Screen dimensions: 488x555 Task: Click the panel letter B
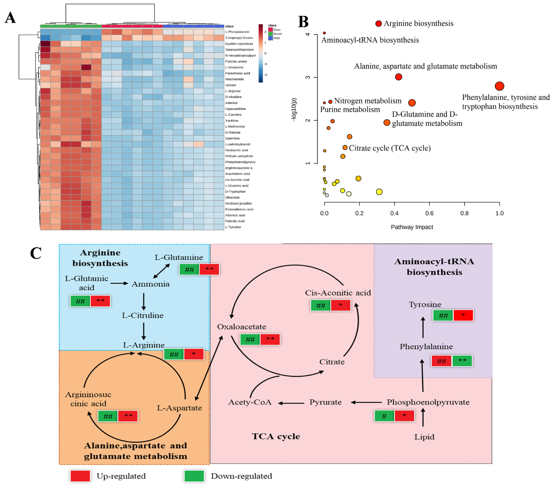pos(303,22)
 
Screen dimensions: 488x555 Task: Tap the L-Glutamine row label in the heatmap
pos(234,67)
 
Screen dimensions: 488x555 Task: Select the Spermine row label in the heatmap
pos(232,138)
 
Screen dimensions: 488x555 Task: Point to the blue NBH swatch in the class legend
pos(270,38)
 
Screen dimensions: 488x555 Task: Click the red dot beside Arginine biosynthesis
pos(378,24)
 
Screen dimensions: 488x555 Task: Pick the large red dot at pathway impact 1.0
pos(499,86)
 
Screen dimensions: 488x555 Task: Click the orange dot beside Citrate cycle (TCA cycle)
pos(345,147)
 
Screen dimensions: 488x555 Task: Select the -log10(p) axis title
pos(294,110)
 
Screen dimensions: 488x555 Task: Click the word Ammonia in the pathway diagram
pos(150,284)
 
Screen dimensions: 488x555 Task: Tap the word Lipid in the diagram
pos(424,437)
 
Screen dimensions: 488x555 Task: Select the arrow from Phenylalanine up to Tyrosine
pos(423,327)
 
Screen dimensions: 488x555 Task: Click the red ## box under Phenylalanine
pos(441,361)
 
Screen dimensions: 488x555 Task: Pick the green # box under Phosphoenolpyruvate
pos(384,416)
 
